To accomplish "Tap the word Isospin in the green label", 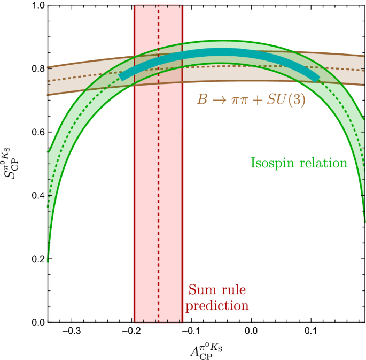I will pos(272,163).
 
